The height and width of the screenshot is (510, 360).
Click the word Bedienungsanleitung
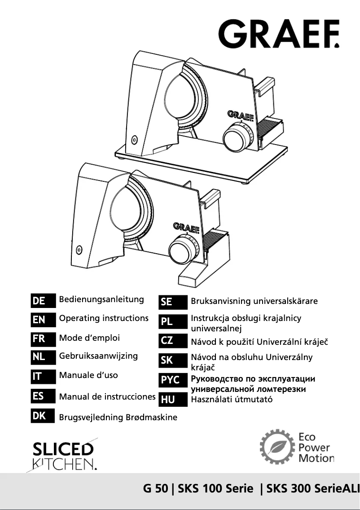tap(101, 299)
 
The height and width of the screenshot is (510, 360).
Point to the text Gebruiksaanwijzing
tap(98, 356)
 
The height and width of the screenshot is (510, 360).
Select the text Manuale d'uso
tap(88, 375)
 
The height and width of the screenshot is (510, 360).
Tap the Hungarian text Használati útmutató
tap(232, 399)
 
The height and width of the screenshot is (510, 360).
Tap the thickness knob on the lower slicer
tap(181, 250)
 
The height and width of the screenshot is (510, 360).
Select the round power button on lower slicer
tap(79, 249)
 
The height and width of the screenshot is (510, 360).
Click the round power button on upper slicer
tap(134, 140)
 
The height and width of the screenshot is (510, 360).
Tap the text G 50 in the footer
tap(155, 489)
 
